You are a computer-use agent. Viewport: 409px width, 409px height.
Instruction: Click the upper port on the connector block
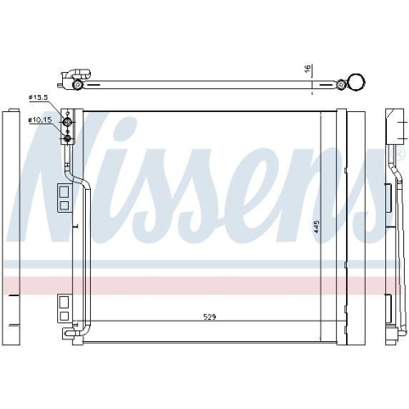point(70,121)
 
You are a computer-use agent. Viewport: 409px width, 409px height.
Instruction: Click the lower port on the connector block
point(70,137)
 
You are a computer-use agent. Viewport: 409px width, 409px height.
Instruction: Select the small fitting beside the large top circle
point(340,82)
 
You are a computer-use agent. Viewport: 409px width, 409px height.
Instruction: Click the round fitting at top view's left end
point(77,84)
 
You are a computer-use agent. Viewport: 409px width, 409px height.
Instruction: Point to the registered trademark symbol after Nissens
point(400,153)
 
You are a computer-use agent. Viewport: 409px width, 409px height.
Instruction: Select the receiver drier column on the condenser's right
point(355,225)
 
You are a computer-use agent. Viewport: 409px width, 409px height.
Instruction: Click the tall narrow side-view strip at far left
point(11,225)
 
